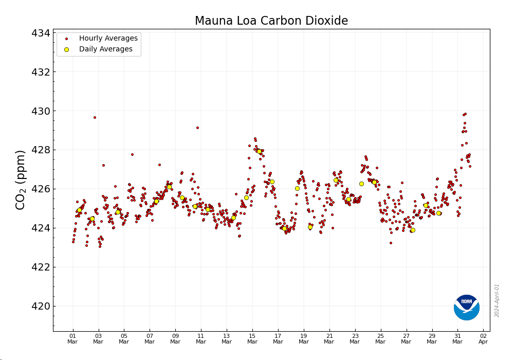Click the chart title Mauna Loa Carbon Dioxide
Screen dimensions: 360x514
pyautogui.click(x=271, y=21)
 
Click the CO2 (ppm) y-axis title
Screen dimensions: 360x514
pyautogui.click(x=21, y=180)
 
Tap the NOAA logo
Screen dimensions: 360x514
pyautogui.click(x=467, y=307)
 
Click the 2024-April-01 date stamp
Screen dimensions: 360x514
pyautogui.click(x=497, y=300)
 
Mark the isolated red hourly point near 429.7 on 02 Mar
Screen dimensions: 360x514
pyautogui.click(x=95, y=117)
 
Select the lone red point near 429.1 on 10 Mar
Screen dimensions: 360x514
pyautogui.click(x=197, y=128)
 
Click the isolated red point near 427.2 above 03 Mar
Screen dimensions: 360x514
pyautogui.click(x=103, y=165)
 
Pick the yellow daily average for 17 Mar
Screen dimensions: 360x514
pyautogui.click(x=284, y=228)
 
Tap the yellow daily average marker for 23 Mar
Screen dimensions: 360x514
pyautogui.click(x=361, y=184)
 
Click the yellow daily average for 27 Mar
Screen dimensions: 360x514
pyautogui.click(x=413, y=230)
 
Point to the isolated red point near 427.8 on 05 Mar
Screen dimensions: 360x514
pyautogui.click(x=132, y=154)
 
